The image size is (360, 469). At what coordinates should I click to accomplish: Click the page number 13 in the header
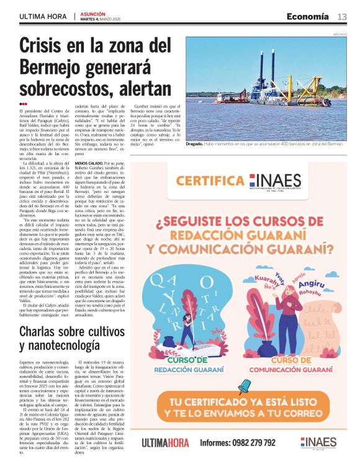342,17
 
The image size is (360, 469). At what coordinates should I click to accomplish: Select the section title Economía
308,17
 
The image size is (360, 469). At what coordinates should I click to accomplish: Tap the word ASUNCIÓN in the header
93,13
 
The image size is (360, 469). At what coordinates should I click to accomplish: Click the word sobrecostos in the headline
65,85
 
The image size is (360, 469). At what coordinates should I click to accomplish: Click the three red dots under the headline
23,103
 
